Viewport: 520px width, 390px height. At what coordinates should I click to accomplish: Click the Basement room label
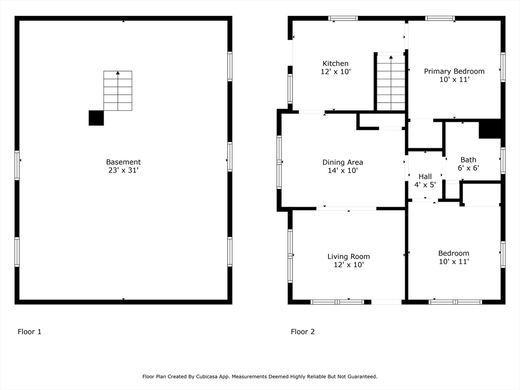tap(123, 162)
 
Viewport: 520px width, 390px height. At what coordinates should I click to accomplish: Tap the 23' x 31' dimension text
tap(123, 171)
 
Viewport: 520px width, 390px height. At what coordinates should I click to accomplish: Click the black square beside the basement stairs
tap(96, 118)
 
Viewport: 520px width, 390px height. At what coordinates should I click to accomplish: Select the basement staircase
tap(118, 91)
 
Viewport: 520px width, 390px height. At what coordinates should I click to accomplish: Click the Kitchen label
tap(335, 63)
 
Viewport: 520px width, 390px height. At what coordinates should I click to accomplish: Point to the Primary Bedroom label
tap(454, 71)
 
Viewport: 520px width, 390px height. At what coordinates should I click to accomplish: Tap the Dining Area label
tap(342, 162)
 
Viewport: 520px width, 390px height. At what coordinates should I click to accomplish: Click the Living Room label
tap(348, 256)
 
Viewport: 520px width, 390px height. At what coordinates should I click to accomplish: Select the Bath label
tap(468, 160)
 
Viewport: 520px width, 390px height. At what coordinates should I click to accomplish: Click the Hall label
tap(425, 177)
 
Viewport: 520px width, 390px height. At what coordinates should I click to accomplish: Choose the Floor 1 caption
tap(29, 332)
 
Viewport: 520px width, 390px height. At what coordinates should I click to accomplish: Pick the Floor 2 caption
tap(303, 332)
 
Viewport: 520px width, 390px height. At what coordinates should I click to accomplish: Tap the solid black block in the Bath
tap(490, 129)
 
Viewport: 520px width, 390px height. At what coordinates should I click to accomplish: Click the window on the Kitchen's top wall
tap(343, 18)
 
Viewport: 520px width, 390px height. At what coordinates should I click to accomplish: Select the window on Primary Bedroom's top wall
tap(439, 18)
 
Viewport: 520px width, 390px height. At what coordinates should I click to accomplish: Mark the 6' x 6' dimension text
tap(468, 168)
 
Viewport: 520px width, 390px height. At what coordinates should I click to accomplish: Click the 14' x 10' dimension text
tap(342, 171)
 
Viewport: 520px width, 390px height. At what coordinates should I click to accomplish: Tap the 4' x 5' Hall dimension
tap(425, 185)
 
